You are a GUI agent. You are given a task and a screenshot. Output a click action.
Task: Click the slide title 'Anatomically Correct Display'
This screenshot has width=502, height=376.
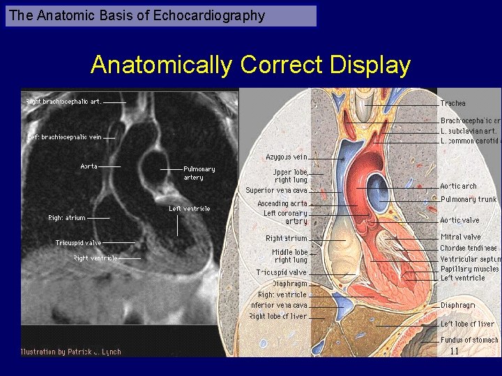pos(250,65)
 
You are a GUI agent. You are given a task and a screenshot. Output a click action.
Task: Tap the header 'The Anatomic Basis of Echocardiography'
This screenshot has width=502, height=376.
pos(137,15)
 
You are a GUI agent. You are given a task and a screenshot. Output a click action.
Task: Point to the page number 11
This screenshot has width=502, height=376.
pos(455,351)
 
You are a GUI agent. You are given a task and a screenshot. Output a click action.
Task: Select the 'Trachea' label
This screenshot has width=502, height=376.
pos(452,104)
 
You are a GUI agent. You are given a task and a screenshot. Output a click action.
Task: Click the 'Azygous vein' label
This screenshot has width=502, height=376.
pos(286,157)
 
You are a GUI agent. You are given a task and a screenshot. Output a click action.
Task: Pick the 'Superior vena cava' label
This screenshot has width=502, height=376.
pos(276,190)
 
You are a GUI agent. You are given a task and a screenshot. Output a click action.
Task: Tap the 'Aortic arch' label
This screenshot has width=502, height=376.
pos(458,186)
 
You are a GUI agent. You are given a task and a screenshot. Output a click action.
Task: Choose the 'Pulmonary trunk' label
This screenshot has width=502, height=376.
pos(468,199)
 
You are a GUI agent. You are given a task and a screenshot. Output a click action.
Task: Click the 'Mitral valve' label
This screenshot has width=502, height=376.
pos(460,237)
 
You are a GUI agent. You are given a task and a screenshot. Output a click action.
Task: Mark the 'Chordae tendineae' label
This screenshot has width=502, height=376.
pos(468,248)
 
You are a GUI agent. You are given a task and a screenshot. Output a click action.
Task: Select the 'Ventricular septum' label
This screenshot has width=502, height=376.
pos(469,259)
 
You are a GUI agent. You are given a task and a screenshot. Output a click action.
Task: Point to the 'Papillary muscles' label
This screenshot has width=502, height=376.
pos(469,269)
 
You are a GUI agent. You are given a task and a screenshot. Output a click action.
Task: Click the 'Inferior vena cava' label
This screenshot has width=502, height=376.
pos(278,306)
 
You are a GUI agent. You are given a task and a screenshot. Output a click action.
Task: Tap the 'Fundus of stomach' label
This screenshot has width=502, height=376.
pos(469,340)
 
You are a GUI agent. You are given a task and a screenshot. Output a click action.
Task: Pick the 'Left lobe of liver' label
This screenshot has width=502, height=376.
pos(467,324)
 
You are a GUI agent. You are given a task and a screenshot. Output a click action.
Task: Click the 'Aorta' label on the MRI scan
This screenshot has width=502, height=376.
pos(89,166)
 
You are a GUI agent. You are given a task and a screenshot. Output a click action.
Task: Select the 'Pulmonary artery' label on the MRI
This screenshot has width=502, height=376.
pos(199,173)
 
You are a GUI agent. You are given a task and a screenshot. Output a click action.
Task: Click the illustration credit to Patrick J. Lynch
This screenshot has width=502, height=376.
pos(70,352)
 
